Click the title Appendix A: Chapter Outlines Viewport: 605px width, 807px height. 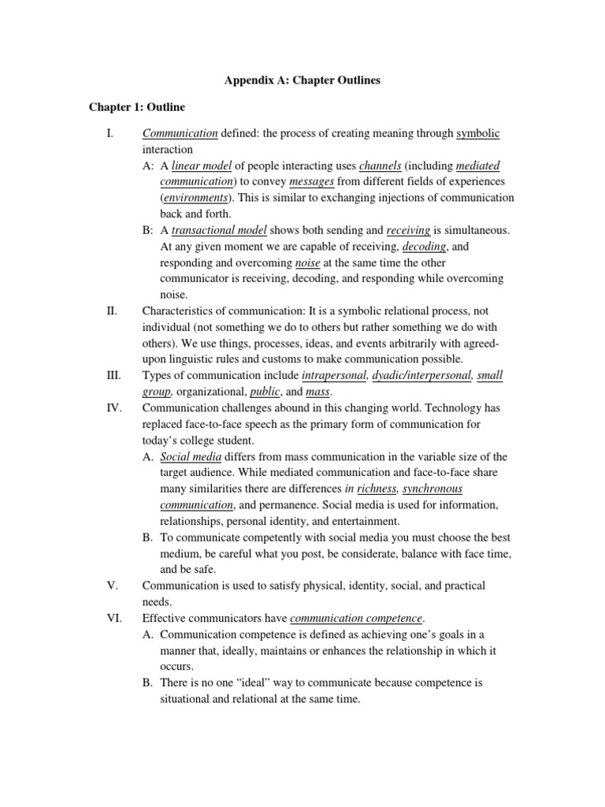302,80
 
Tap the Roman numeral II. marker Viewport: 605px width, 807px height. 111,311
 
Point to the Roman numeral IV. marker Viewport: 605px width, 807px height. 112,407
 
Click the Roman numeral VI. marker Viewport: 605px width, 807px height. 112,618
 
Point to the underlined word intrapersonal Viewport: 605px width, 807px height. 334,375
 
